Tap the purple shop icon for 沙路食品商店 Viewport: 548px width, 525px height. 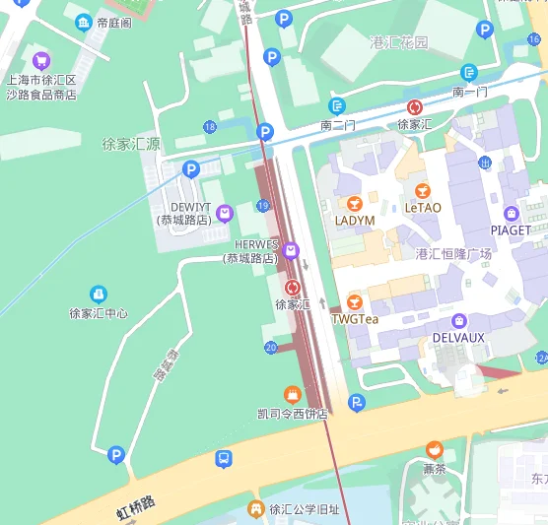click(40, 60)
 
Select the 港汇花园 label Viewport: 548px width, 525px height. click(399, 42)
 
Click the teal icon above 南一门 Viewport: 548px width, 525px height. click(469, 73)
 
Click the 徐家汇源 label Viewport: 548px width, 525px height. click(131, 144)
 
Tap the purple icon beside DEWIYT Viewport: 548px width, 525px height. click(225, 212)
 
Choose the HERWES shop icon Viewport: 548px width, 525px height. click(291, 251)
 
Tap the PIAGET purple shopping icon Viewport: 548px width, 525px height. click(511, 213)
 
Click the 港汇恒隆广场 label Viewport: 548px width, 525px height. click(453, 253)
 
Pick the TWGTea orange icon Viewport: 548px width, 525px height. click(355, 301)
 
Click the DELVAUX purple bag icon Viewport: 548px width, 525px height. click(458, 320)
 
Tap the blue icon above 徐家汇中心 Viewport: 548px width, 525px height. click(98, 295)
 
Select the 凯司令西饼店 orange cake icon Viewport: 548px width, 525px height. click(292, 394)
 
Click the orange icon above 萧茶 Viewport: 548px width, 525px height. click(435, 450)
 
